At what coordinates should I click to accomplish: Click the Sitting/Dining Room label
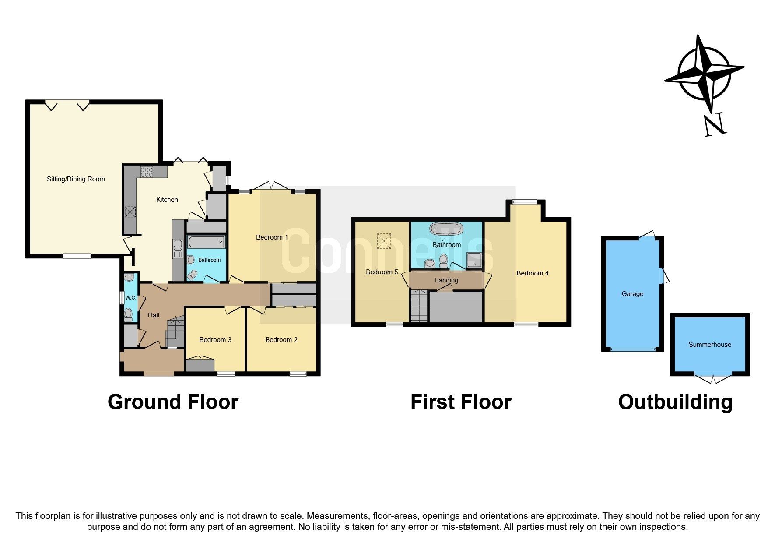tap(76, 179)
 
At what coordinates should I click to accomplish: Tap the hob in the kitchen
tap(147, 172)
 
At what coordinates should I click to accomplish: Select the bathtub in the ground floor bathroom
tap(206, 242)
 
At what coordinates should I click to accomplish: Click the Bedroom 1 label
tap(272, 237)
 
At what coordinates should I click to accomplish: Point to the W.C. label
tap(130, 298)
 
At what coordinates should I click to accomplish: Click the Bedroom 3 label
tap(215, 340)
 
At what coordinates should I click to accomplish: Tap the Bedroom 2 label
tap(281, 340)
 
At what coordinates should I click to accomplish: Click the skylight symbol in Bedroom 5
tap(384, 241)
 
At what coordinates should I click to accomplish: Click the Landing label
tap(446, 280)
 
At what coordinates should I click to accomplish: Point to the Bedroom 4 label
tap(532, 273)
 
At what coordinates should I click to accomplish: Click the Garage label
tap(632, 294)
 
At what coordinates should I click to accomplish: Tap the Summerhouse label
tap(709, 345)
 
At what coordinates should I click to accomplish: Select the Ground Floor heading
tap(173, 402)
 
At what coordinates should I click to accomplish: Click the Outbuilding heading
tap(675, 402)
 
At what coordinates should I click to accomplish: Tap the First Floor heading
tap(461, 402)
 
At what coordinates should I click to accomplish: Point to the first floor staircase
tap(419, 307)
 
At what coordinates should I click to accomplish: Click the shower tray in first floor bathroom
tap(474, 260)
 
